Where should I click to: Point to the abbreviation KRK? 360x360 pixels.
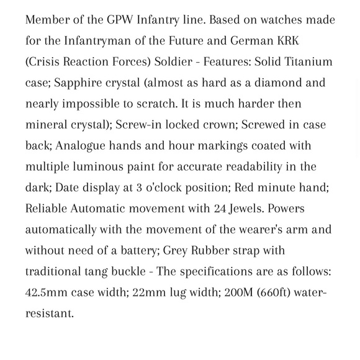(x=320, y=41)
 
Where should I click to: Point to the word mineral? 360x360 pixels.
(x=48, y=125)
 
